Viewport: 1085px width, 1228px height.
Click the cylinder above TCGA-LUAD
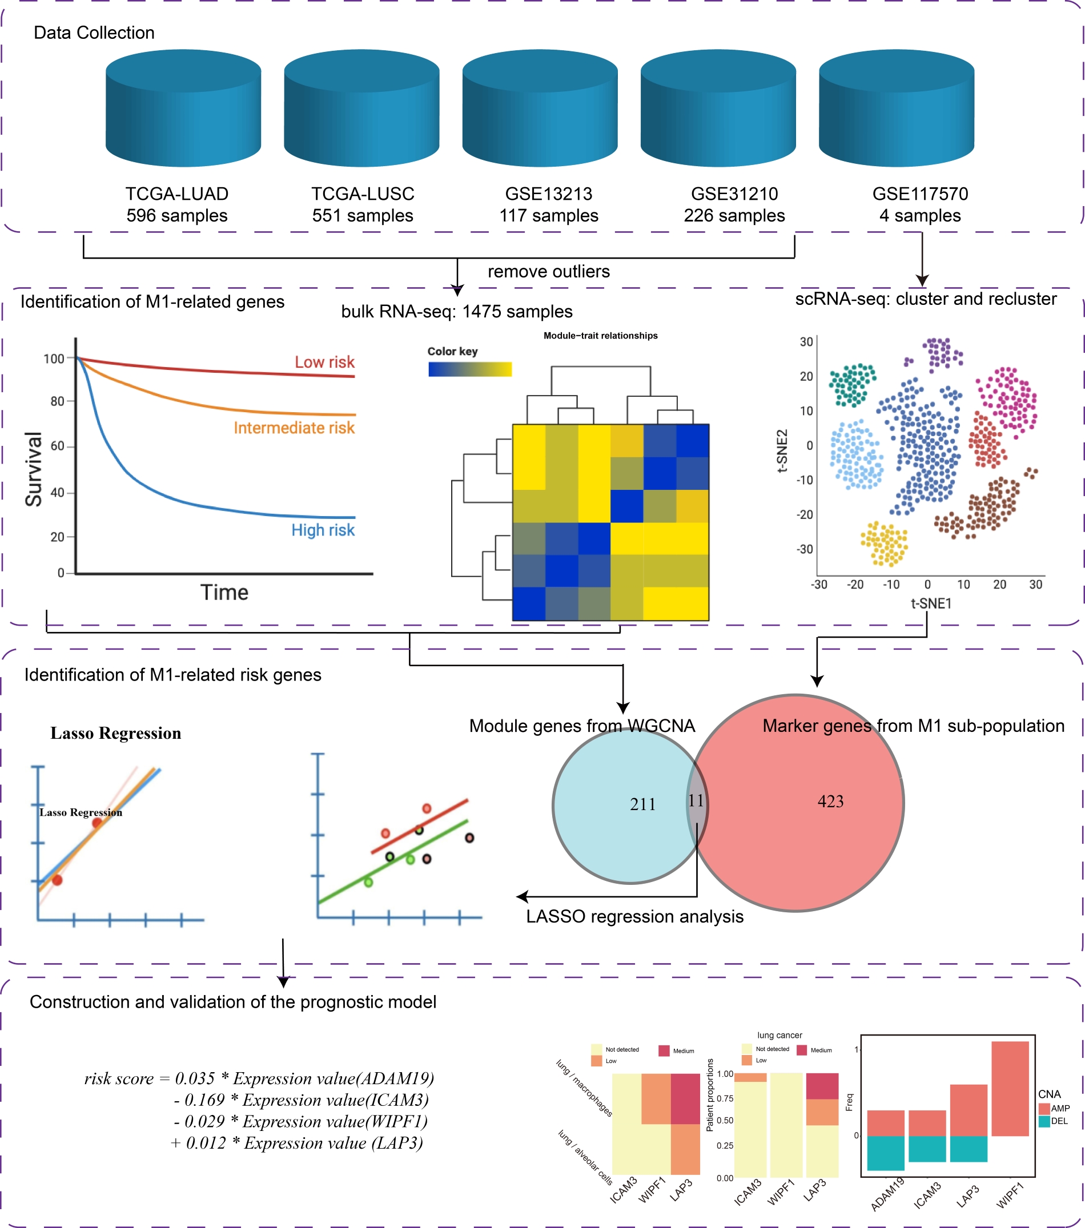coord(183,108)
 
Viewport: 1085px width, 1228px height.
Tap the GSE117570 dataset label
coord(920,194)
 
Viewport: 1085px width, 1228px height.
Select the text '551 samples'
coord(363,216)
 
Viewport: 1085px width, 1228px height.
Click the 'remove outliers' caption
coord(548,272)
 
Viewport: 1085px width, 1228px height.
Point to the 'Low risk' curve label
coord(324,363)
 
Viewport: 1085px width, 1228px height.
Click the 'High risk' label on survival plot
coord(323,530)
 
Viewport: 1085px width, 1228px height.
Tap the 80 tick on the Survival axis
coord(57,401)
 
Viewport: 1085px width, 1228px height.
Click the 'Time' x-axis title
coord(224,593)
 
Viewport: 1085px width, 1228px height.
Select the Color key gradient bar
coord(469,369)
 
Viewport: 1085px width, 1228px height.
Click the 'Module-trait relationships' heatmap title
coord(600,336)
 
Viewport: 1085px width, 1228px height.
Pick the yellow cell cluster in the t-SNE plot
coord(883,543)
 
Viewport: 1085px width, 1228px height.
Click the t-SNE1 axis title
coord(930,603)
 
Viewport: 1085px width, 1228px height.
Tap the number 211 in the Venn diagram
coord(642,804)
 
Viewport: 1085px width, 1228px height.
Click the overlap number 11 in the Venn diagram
coord(696,801)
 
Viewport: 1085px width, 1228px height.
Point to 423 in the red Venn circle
coord(830,802)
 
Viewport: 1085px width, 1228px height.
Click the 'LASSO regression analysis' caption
coord(634,916)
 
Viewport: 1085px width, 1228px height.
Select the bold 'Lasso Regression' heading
coord(115,733)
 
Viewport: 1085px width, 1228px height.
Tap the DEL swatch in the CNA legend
coord(1044,1121)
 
